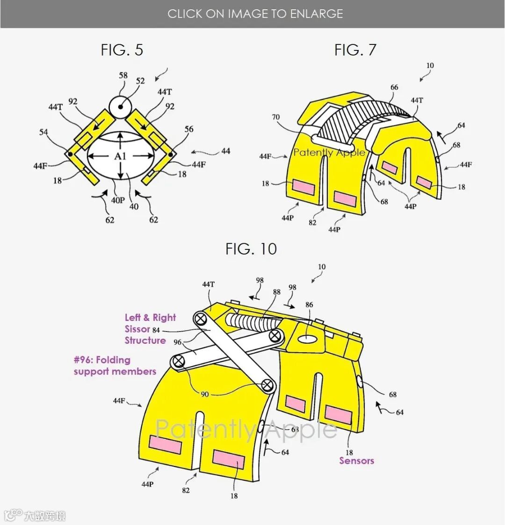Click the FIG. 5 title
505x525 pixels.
click(122, 50)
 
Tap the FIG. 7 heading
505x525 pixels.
click(355, 50)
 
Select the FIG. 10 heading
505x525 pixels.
click(251, 249)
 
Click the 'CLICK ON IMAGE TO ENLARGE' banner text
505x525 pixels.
click(255, 14)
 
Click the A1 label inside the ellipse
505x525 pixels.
click(121, 156)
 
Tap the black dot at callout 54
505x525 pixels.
click(70, 154)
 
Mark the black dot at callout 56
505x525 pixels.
click(171, 154)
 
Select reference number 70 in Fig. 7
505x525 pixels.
click(276, 118)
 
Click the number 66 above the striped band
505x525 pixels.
click(394, 87)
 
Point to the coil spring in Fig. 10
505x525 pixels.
click(250, 322)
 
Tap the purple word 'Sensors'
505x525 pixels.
click(356, 461)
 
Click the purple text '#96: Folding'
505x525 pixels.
click(102, 360)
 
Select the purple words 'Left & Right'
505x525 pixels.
click(150, 318)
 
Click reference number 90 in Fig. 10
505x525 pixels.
click(205, 394)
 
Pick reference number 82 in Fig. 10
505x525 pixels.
click(186, 490)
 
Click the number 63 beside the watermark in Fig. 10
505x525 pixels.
click(295, 429)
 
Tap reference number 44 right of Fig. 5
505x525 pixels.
click(226, 151)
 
